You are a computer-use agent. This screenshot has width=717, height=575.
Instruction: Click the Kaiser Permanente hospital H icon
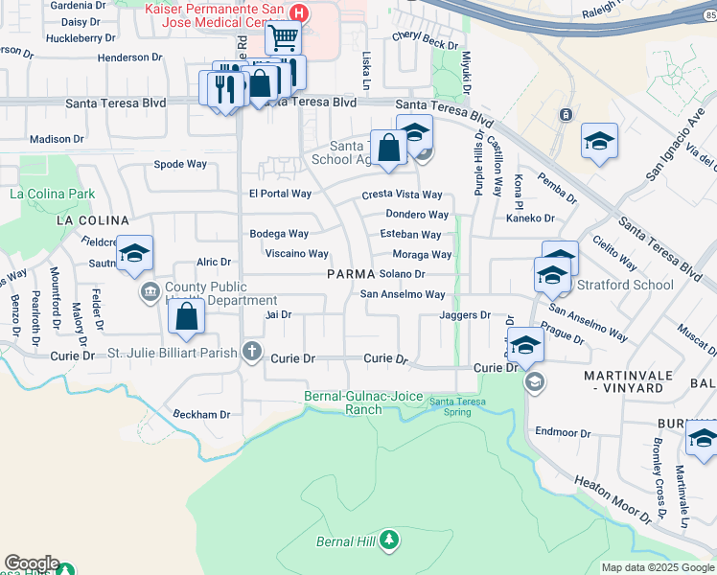point(300,13)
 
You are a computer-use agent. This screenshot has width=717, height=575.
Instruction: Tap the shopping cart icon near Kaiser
point(283,39)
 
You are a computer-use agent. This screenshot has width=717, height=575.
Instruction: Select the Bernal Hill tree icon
point(388,541)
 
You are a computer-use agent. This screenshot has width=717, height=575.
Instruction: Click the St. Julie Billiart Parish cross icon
point(252,351)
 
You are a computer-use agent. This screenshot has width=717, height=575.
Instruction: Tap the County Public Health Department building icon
point(150,290)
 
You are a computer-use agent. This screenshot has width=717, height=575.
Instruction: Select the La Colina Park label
point(53,194)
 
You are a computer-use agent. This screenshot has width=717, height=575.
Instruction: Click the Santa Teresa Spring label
point(456,402)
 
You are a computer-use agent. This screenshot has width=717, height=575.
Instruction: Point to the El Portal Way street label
point(280,194)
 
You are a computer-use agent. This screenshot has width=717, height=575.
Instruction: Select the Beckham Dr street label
point(201,415)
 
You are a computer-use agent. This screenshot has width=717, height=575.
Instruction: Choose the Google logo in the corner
point(32,563)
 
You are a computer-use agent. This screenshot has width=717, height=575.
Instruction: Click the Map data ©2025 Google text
point(658,567)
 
